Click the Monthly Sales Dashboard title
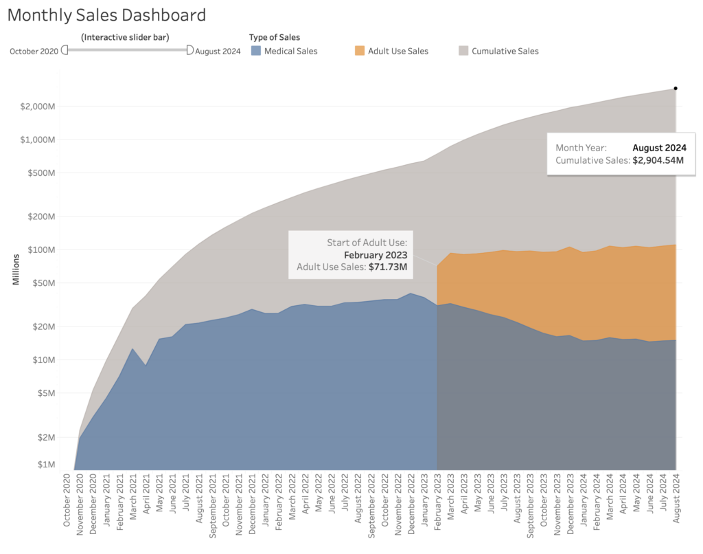coord(106,15)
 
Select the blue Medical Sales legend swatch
coord(255,51)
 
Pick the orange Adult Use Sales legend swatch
coord(360,51)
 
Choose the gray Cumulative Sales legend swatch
coord(463,51)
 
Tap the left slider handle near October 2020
coord(65,49)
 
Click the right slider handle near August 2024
coord(189,49)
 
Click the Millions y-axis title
coord(16,272)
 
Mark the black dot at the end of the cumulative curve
coord(676,88)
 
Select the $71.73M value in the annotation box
coord(388,267)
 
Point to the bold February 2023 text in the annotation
coord(376,254)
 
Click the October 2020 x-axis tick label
coord(67,504)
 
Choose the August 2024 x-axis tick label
coord(676,504)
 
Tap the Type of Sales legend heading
coord(275,37)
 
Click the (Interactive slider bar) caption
coord(125,37)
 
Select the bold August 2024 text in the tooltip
coord(659,148)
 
